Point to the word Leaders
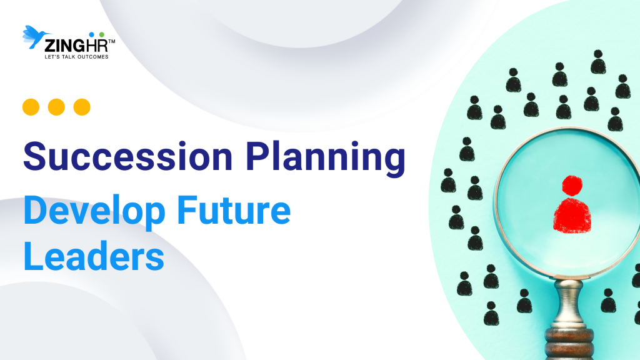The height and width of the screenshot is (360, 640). click(x=94, y=256)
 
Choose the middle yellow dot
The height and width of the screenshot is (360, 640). click(x=56, y=107)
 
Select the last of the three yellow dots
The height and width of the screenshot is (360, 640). click(x=82, y=107)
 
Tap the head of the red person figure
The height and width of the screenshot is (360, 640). click(x=571, y=185)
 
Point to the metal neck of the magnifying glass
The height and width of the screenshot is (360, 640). click(x=569, y=301)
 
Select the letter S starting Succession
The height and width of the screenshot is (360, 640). click(x=36, y=157)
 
